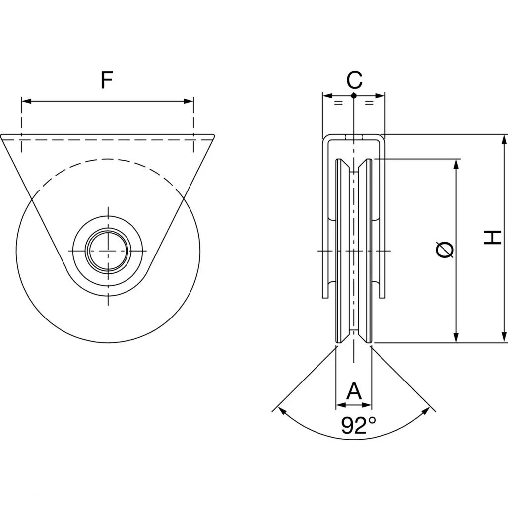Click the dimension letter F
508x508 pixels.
[107, 80]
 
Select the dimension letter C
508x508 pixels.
[354, 79]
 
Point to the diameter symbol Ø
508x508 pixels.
[445, 250]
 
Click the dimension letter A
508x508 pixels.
[354, 391]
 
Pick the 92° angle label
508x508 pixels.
[359, 426]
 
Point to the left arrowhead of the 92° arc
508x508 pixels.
[282, 411]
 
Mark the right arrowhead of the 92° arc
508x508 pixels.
[425, 411]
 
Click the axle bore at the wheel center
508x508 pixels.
[108, 251]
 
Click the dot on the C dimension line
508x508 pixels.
[353, 95]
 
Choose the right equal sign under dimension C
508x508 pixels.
[369, 103]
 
